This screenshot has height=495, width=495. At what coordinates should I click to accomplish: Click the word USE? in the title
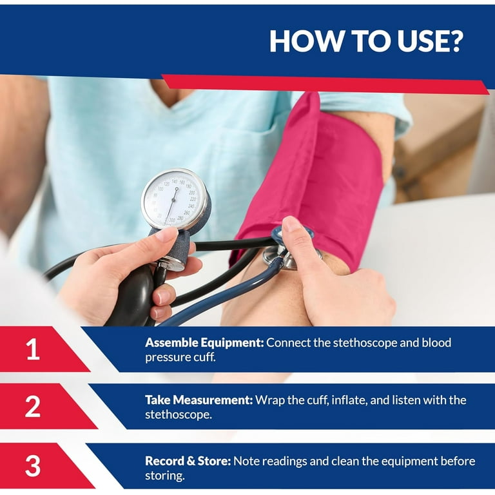click(430, 41)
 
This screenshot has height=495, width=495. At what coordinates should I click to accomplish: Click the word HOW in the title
click(306, 41)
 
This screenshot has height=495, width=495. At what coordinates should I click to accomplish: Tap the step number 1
click(33, 349)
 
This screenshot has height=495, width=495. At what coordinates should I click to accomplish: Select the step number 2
click(33, 406)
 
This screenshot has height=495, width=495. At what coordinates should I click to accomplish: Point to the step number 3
click(33, 465)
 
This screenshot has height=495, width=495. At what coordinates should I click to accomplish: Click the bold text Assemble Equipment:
click(204, 342)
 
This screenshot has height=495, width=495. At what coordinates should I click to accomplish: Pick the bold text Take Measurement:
click(199, 400)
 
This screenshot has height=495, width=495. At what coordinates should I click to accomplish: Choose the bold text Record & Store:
click(188, 461)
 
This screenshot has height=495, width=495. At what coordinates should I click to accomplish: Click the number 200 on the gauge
click(191, 192)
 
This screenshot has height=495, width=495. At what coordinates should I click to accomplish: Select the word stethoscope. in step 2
click(179, 414)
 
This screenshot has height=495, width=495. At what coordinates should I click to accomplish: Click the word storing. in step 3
click(165, 476)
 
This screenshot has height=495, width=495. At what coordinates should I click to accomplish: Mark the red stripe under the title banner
click(325, 84)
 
